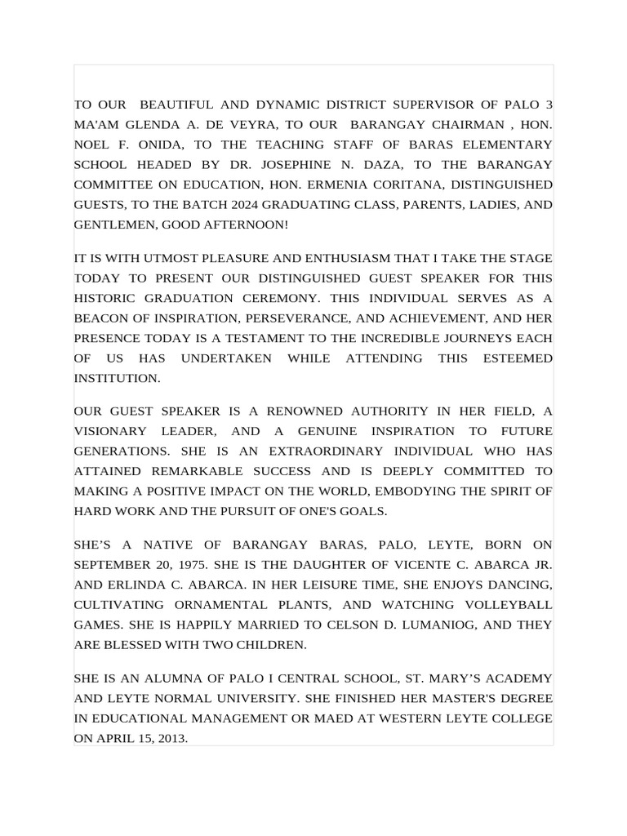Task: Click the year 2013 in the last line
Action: tap(172, 739)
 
